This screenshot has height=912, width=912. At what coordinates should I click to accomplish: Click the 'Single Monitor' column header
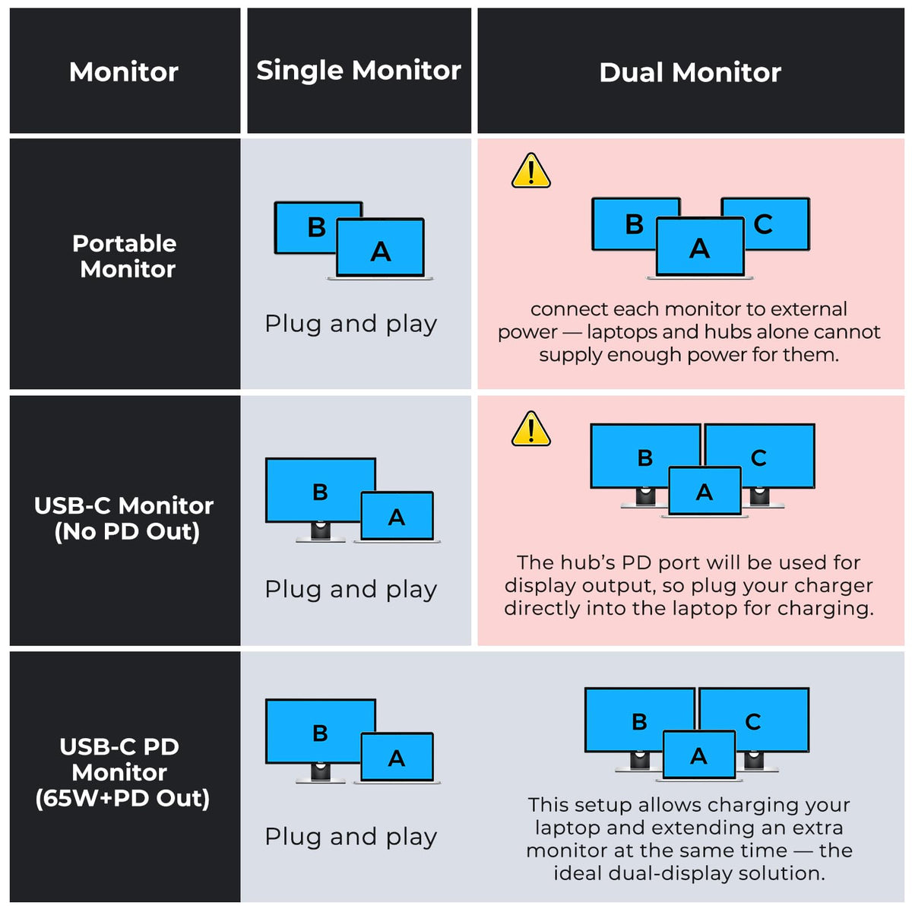358,71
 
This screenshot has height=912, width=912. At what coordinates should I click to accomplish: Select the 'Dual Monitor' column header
689,73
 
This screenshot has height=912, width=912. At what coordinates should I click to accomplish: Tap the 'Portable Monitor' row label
125,257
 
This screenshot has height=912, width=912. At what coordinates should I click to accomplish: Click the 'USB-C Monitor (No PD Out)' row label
124,519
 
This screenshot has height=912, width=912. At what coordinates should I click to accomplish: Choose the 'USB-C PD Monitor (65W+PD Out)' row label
122,772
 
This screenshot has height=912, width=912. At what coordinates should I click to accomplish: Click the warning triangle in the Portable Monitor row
530,171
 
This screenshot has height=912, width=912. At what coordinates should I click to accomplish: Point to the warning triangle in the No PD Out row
530,429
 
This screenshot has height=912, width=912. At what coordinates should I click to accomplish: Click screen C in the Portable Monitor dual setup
775,223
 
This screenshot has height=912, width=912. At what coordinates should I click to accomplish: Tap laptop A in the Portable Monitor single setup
380,249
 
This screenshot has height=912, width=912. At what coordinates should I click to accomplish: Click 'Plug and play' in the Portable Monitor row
350,325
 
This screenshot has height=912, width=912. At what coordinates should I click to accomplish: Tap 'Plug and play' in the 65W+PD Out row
350,837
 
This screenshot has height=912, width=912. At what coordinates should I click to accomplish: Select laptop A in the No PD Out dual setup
705,492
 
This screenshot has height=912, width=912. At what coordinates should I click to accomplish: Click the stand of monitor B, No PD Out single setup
321,533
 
